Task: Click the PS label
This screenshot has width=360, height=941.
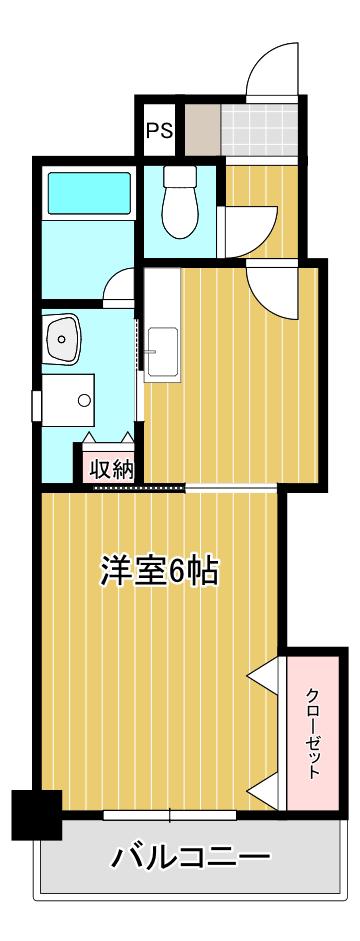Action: [160, 130]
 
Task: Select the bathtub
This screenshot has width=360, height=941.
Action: [89, 193]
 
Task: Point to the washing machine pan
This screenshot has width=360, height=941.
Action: [68, 400]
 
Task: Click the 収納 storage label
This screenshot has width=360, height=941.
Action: [111, 470]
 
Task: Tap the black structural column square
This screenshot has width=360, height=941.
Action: [37, 814]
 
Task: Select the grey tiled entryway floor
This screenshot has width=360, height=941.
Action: [259, 130]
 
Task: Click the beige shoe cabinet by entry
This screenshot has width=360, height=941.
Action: [202, 130]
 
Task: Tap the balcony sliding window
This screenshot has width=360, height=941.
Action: [169, 815]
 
